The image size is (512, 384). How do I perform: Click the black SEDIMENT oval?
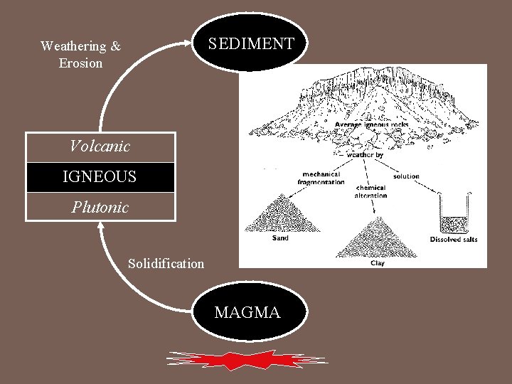pyautogui.click(x=250, y=43)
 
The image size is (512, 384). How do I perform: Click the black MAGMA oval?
pyautogui.click(x=247, y=312)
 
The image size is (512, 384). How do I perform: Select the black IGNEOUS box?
pyautogui.click(x=100, y=177)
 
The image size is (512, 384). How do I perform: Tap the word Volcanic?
pyautogui.click(x=100, y=147)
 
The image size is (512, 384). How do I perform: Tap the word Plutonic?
pyautogui.click(x=100, y=207)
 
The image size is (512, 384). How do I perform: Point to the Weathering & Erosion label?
pyautogui.click(x=80, y=55)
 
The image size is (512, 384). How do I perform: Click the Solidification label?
pyautogui.click(x=166, y=264)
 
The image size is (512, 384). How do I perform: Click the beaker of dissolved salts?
pyautogui.click(x=453, y=214)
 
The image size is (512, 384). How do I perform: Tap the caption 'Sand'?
pyautogui.click(x=280, y=239)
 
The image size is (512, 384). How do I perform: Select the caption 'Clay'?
pyautogui.click(x=378, y=262)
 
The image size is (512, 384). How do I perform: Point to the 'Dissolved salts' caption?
pyautogui.click(x=454, y=240)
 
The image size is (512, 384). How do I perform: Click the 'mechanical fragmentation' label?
pyautogui.click(x=321, y=178)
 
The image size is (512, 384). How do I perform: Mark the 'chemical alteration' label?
pyautogui.click(x=370, y=191)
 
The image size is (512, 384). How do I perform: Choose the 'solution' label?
pyautogui.click(x=405, y=176)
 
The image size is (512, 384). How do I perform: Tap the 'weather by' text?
pyautogui.click(x=367, y=154)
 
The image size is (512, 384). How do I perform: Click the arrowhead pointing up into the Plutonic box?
pyautogui.click(x=102, y=228)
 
